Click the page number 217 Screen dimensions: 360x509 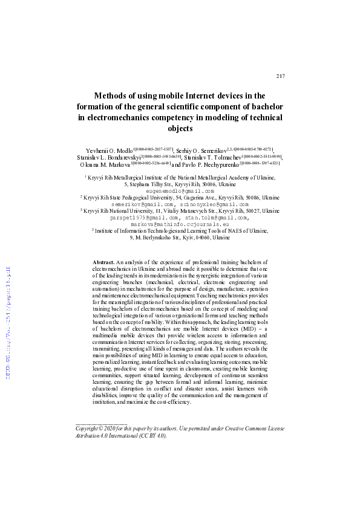click(x=280, y=76)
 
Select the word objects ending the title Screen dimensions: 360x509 click(x=180, y=128)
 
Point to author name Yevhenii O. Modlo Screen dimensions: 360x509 click(x=106, y=149)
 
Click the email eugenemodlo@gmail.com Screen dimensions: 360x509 click(x=180, y=190)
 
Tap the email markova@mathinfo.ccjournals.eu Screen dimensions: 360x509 click(x=180, y=224)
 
